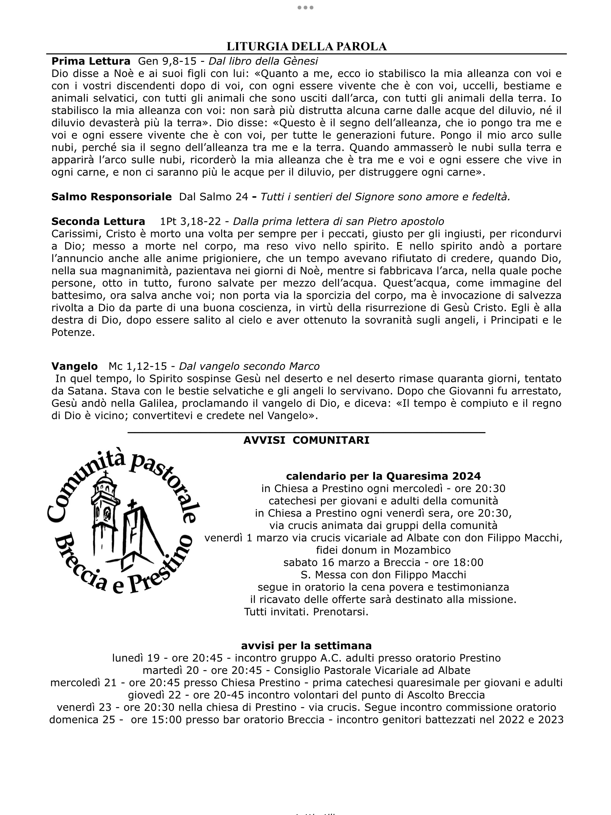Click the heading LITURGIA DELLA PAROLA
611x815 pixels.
(x=306, y=46)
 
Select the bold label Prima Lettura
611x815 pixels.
(x=91, y=61)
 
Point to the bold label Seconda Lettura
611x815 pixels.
(x=98, y=221)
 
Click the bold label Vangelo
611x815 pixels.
(x=74, y=366)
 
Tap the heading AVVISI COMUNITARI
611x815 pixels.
(x=306, y=440)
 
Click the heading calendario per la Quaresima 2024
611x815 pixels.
(x=383, y=476)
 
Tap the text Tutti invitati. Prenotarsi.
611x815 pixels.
(x=306, y=612)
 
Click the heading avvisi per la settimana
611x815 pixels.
(x=306, y=646)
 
